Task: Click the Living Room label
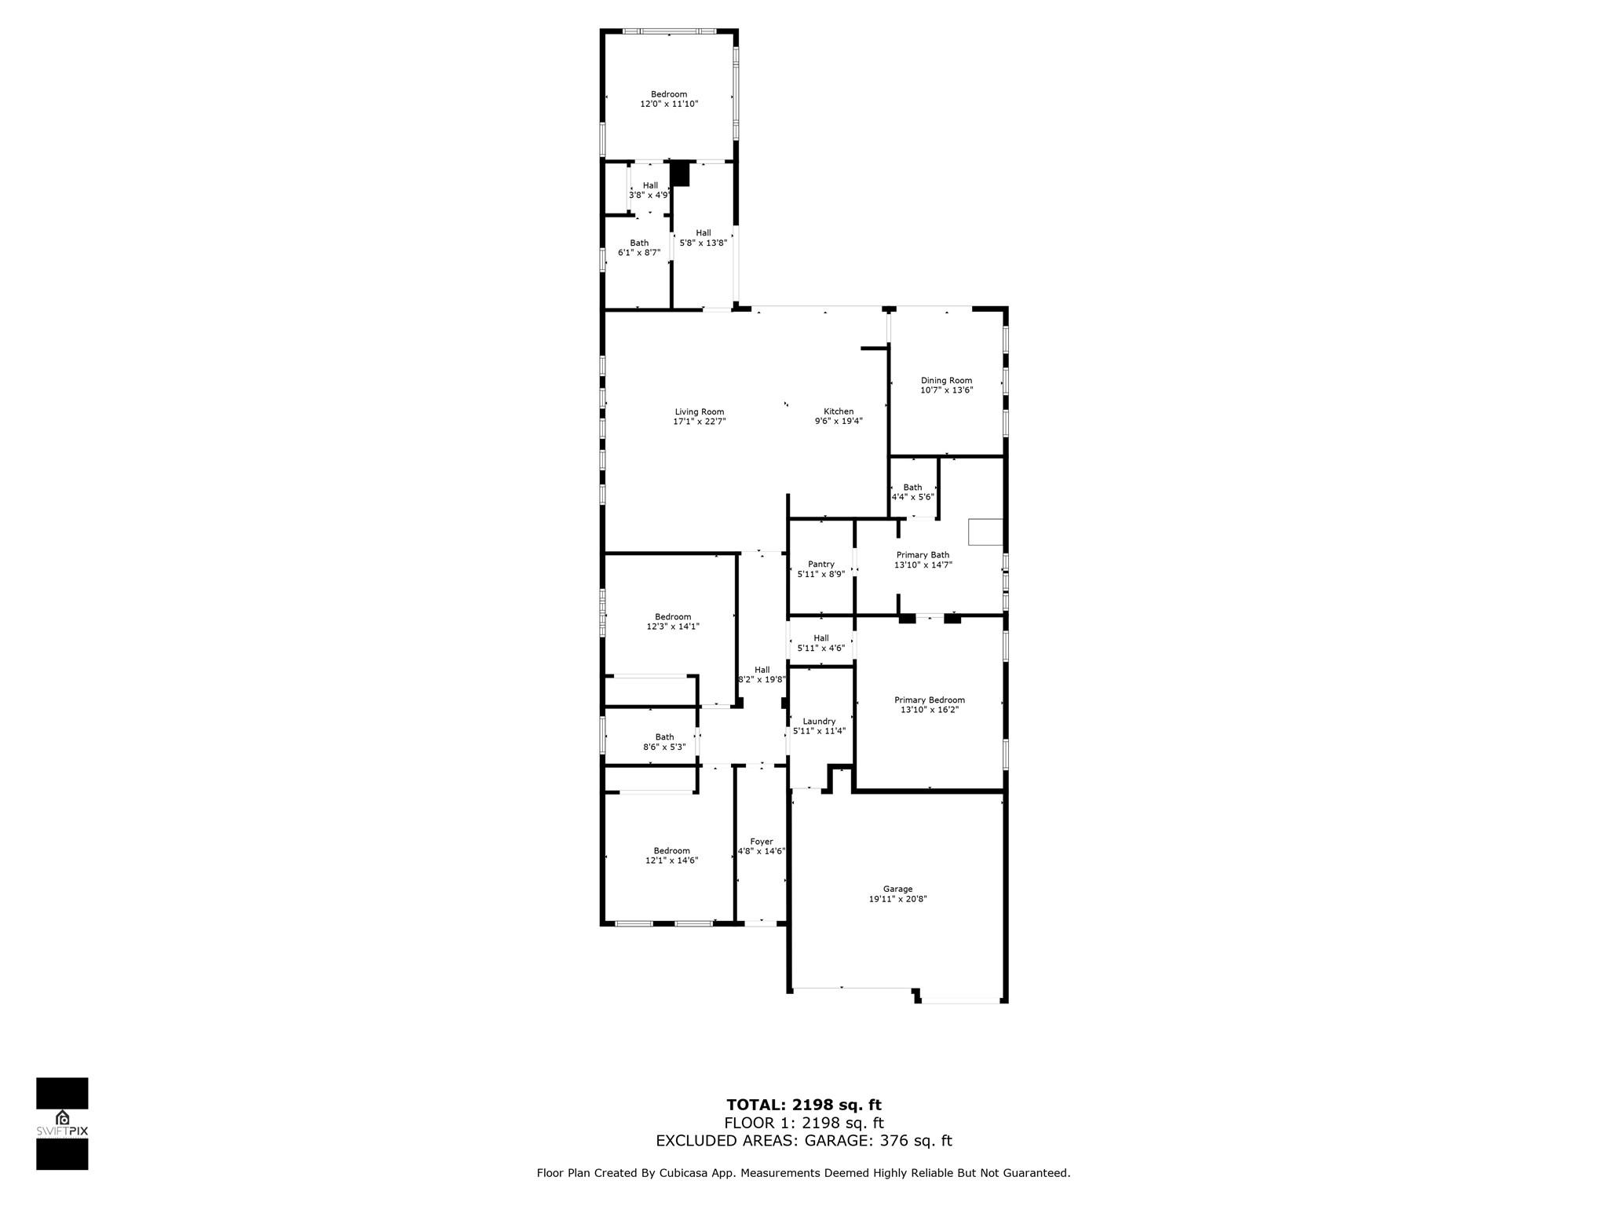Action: click(x=700, y=412)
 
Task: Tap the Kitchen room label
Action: click(x=839, y=411)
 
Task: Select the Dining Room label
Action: click(x=946, y=381)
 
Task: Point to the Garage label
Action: click(x=897, y=889)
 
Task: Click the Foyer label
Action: click(x=762, y=842)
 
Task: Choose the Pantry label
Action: click(x=821, y=565)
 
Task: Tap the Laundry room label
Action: click(x=819, y=722)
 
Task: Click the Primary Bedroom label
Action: click(x=930, y=700)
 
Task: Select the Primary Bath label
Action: click(x=923, y=555)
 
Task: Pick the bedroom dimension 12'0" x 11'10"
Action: click(x=669, y=104)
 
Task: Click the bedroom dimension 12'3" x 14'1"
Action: click(x=673, y=627)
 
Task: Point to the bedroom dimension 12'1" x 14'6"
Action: click(x=672, y=861)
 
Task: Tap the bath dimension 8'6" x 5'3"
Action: click(x=665, y=747)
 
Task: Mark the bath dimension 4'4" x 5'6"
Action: click(x=913, y=497)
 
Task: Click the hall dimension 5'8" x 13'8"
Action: click(x=703, y=243)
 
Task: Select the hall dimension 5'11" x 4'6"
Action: click(x=821, y=648)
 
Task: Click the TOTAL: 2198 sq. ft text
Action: click(x=804, y=1105)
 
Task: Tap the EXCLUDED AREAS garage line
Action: click(x=804, y=1141)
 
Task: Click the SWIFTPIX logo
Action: click(x=62, y=1124)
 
